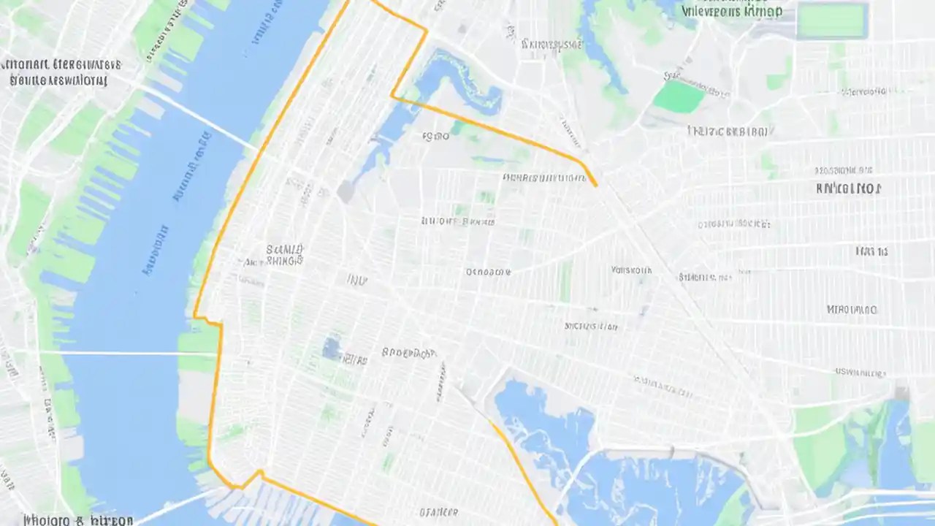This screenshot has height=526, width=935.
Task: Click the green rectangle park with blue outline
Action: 831,21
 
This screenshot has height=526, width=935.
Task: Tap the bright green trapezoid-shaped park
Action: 679,96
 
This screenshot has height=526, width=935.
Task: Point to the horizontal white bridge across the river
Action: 110,354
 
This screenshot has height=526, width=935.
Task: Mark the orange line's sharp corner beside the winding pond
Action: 393,95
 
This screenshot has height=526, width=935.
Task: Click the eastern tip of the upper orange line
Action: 595,185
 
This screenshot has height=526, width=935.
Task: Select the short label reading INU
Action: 356,280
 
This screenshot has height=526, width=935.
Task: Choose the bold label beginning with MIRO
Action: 852,310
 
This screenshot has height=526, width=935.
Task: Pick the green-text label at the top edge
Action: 731,11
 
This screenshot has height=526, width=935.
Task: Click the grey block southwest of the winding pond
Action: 346,192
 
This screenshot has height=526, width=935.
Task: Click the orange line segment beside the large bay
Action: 522,468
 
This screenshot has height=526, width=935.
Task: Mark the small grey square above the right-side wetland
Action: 901,393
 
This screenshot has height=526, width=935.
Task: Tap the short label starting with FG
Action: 435,136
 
